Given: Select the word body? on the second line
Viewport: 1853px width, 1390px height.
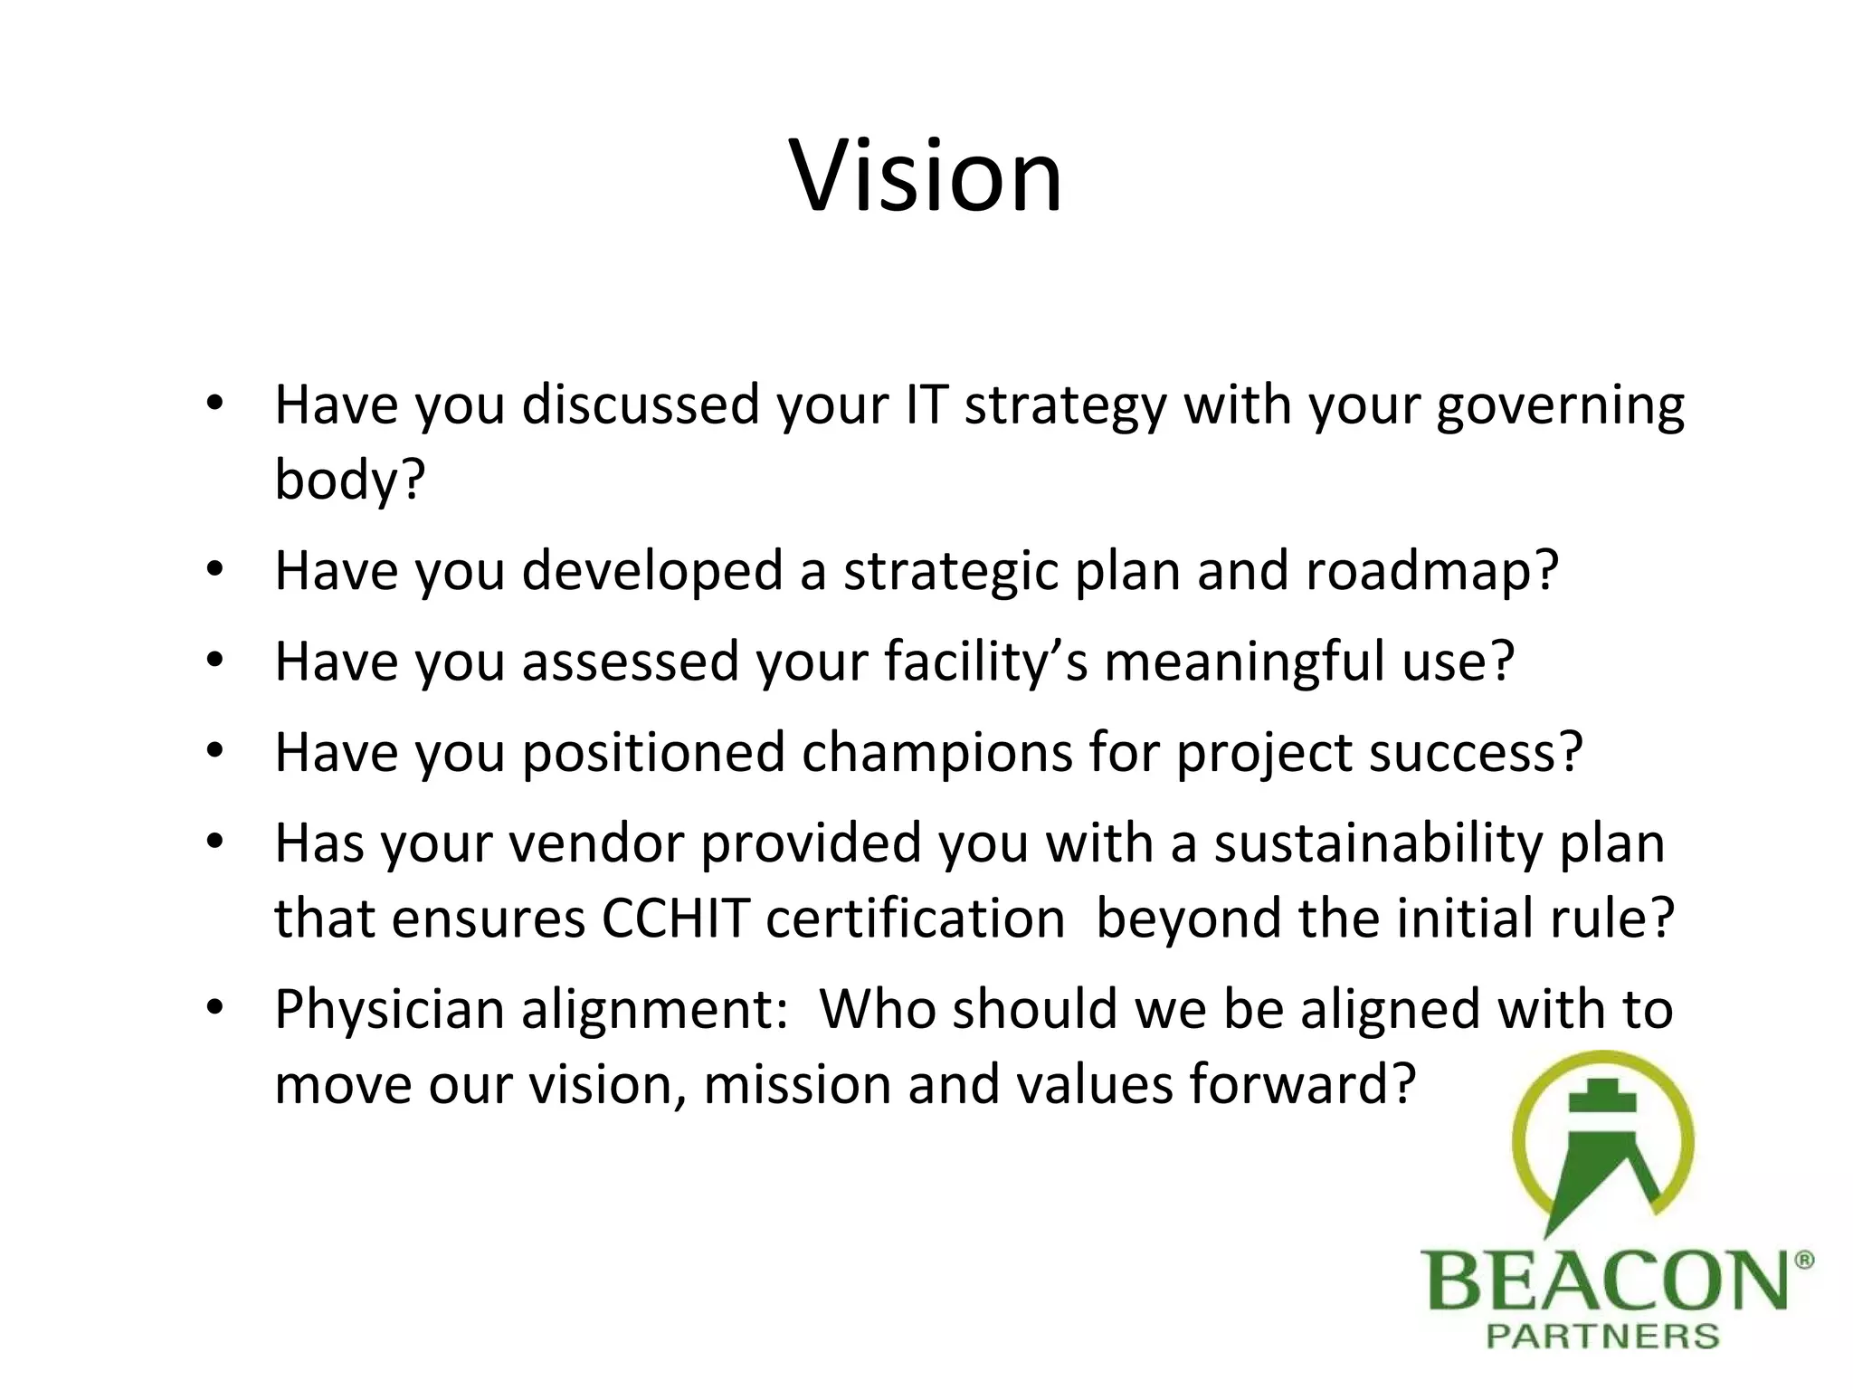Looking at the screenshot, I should click(349, 480).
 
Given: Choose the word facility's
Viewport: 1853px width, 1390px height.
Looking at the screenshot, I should click(986, 662).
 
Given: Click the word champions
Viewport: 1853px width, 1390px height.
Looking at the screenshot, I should click(936, 754).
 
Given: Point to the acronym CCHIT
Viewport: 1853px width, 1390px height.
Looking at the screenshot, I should click(675, 919).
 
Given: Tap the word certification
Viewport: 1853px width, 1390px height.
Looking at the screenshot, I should click(915, 919).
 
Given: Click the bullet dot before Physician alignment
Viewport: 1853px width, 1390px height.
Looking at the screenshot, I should click(214, 1007).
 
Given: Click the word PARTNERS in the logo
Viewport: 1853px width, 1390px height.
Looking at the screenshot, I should click(1602, 1337).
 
